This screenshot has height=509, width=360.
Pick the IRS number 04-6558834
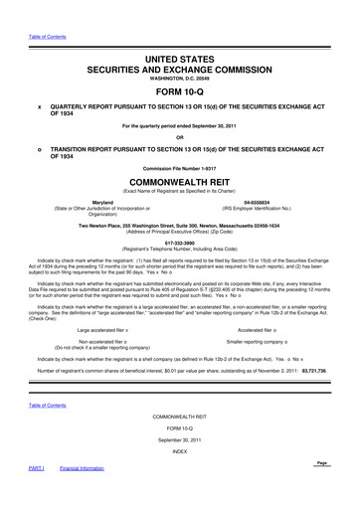[x=264, y=229]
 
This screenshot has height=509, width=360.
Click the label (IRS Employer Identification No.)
[x=264, y=236]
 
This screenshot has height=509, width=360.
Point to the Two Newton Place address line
[x=179, y=254]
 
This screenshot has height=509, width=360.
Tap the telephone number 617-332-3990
[x=179, y=272]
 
